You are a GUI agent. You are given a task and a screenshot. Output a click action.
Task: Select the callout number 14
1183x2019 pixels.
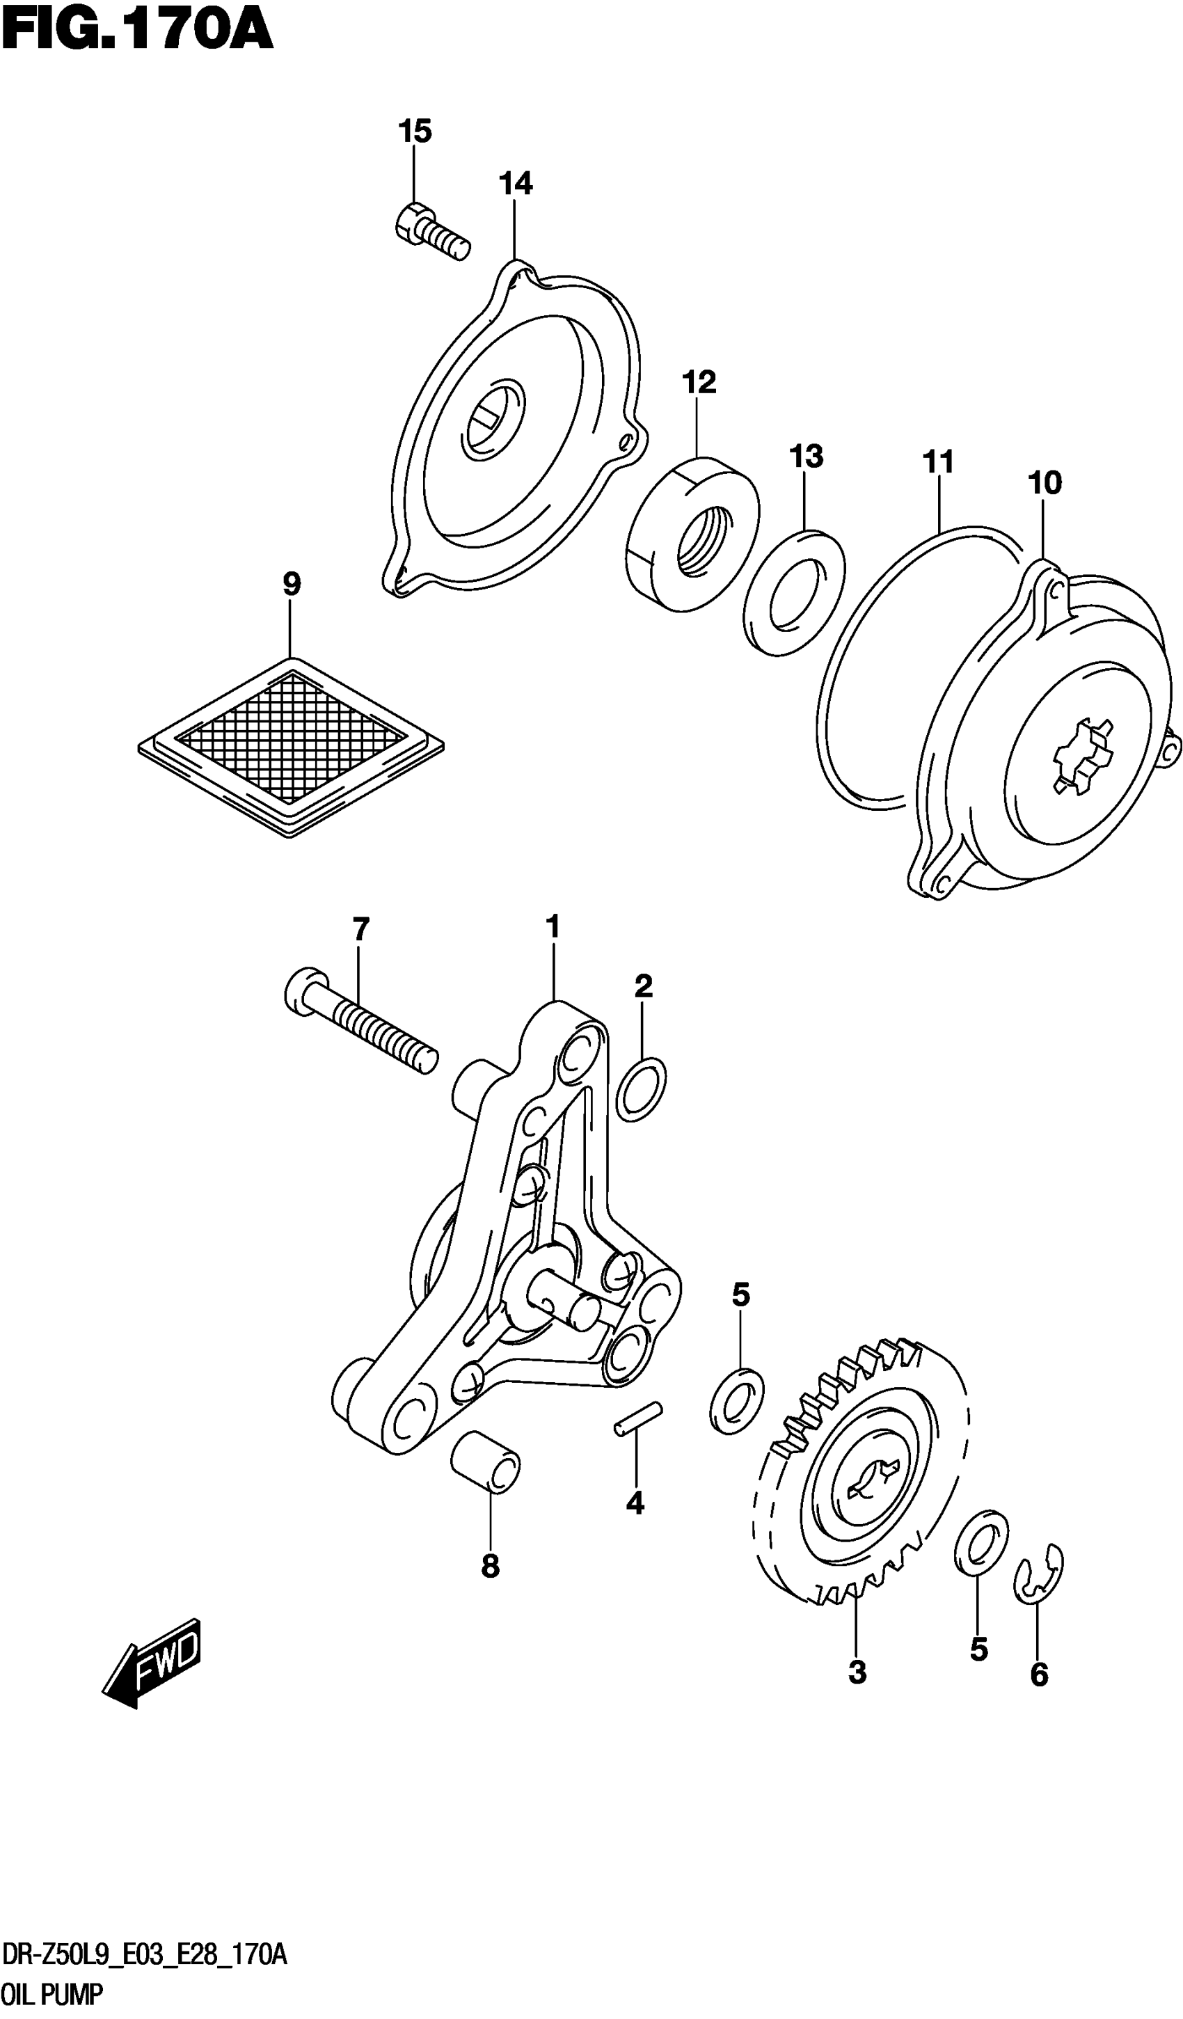(x=515, y=184)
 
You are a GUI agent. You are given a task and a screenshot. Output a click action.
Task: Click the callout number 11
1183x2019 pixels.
(x=938, y=462)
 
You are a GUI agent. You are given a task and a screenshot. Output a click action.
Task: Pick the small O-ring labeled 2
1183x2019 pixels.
(x=641, y=1088)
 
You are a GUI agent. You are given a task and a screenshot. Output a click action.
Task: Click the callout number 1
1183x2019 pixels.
(x=553, y=927)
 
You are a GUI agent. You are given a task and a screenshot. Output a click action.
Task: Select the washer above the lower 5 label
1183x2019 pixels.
(x=981, y=1543)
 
